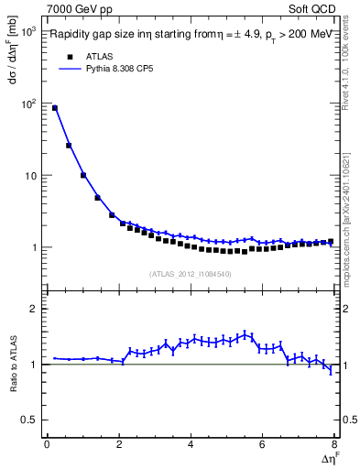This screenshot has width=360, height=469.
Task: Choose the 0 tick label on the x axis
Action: [x=46, y=446]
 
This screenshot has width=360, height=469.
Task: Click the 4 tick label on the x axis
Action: [x=190, y=446]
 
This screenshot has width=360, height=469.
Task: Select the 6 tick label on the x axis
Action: [x=262, y=446]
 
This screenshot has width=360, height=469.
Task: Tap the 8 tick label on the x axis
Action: [x=333, y=446]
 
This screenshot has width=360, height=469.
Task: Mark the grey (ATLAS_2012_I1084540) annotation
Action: [x=190, y=274]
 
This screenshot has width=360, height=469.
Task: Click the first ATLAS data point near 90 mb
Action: [x=55, y=108]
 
